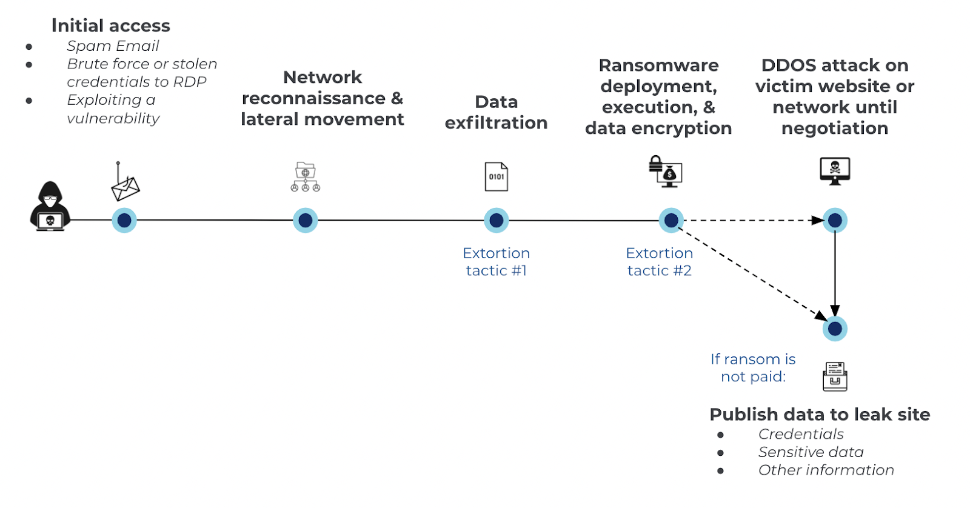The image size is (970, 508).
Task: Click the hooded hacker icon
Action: [x=50, y=206]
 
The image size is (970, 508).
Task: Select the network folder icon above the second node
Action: [x=306, y=177]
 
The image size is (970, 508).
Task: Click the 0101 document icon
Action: [x=497, y=176]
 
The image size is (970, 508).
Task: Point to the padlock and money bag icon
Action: [x=666, y=172]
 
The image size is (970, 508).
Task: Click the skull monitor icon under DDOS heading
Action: [x=835, y=170]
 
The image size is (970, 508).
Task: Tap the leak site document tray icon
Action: [x=835, y=376]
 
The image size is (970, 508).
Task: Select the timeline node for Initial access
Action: [x=124, y=221]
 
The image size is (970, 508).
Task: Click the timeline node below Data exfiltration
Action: [x=497, y=221]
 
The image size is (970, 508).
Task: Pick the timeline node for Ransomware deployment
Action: [x=671, y=221]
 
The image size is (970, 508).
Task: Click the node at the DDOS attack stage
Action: [x=835, y=221]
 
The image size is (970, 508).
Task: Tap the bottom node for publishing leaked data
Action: [x=835, y=329]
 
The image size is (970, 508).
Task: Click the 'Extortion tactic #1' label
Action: [x=497, y=262]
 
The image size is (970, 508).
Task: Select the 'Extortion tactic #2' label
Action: [x=660, y=262]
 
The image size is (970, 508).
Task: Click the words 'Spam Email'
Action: [x=113, y=46]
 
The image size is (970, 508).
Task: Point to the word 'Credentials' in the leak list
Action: [x=801, y=434]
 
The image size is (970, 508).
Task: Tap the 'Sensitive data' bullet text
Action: [x=811, y=452]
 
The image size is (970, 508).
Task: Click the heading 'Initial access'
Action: [x=111, y=25]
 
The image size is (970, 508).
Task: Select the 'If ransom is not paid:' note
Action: [x=753, y=368]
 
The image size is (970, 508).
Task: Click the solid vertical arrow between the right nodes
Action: [x=835, y=273]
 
